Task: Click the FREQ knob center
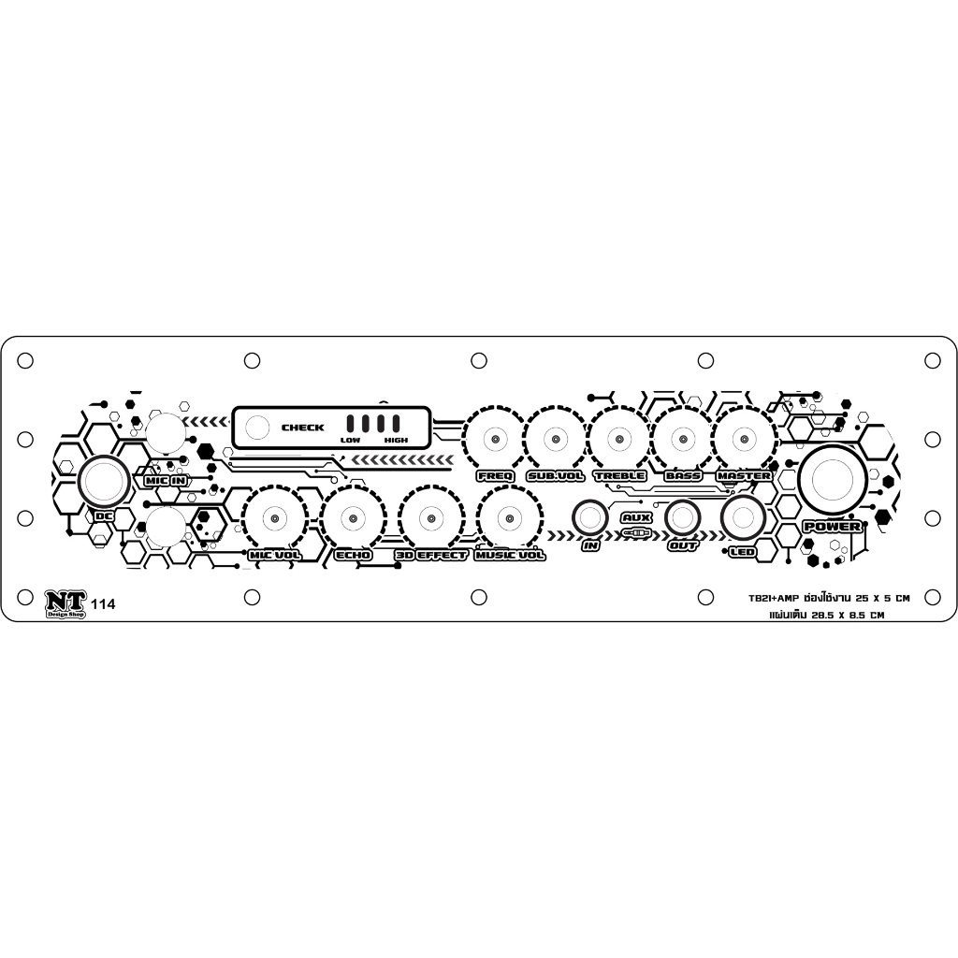pyautogui.click(x=493, y=439)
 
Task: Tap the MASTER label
pyautogui.click(x=744, y=475)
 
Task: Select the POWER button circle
pyautogui.click(x=832, y=479)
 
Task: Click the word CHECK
pyautogui.click(x=303, y=428)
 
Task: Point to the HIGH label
pyautogui.click(x=396, y=440)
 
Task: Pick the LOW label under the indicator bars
pyautogui.click(x=350, y=440)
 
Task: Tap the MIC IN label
pyautogui.click(x=165, y=480)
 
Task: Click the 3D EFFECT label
pyautogui.click(x=430, y=555)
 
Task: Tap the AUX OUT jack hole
pyautogui.click(x=683, y=517)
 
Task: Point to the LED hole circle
pyautogui.click(x=744, y=517)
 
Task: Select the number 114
pyautogui.click(x=104, y=604)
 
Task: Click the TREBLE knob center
pyautogui.click(x=618, y=439)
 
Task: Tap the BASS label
pyautogui.click(x=682, y=475)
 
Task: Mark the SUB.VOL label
pyautogui.click(x=555, y=475)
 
